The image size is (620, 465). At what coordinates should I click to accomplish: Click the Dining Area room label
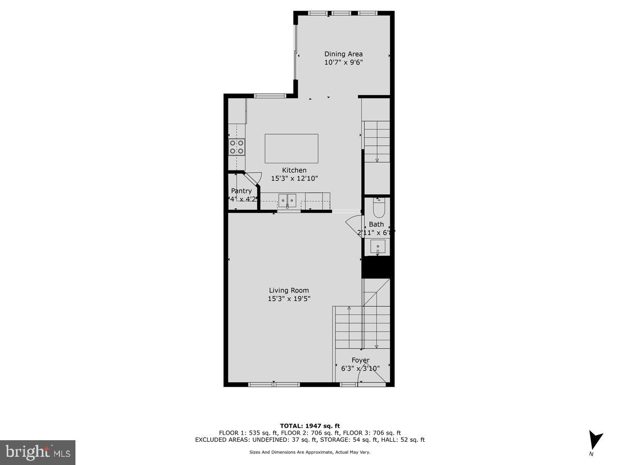click(343, 54)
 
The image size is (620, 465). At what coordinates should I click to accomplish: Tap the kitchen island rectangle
click(291, 148)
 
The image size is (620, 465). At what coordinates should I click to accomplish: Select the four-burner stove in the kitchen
click(237, 147)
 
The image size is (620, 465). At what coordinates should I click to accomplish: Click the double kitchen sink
click(287, 200)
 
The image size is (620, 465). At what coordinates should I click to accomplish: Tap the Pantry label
click(241, 191)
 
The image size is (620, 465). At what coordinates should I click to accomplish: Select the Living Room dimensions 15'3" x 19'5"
click(289, 299)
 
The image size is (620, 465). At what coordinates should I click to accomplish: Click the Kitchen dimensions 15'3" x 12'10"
click(295, 178)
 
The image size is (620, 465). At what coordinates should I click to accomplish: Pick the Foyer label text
click(361, 360)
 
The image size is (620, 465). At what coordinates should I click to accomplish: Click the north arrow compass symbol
click(595, 441)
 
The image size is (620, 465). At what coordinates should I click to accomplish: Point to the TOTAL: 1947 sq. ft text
click(309, 426)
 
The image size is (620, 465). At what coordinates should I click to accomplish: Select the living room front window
click(274, 384)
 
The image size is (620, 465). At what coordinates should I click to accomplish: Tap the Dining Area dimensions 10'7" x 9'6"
click(343, 63)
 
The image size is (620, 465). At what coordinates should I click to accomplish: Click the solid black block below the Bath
click(377, 268)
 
